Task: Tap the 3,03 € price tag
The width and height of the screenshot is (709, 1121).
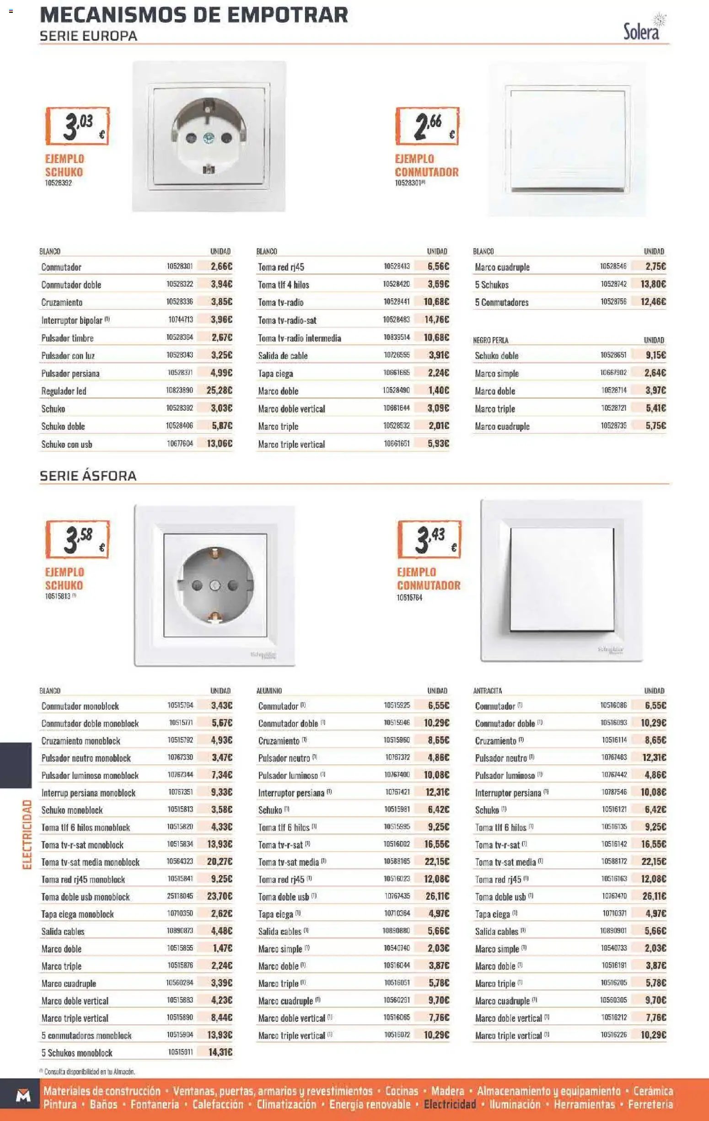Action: pyautogui.click(x=78, y=126)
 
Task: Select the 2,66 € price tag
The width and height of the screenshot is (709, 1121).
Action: pyautogui.click(x=427, y=126)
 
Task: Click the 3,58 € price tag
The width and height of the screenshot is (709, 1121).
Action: pyautogui.click(x=78, y=539)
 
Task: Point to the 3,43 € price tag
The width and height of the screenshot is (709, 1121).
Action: pyautogui.click(x=429, y=539)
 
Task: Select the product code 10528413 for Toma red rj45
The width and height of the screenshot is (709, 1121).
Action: pyautogui.click(x=397, y=266)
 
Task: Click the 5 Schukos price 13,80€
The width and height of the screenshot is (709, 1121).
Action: pyautogui.click(x=653, y=284)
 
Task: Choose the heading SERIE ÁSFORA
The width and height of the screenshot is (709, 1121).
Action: pyautogui.click(x=88, y=476)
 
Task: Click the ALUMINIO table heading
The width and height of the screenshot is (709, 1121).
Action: pyautogui.click(x=269, y=691)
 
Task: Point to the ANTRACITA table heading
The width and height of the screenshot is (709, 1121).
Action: pyautogui.click(x=488, y=691)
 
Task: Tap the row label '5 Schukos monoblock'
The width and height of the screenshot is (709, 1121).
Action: pyautogui.click(x=77, y=1053)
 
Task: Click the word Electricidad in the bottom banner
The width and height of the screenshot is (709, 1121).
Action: pyautogui.click(x=450, y=1104)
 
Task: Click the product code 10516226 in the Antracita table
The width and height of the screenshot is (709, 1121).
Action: pyautogui.click(x=613, y=1035)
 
